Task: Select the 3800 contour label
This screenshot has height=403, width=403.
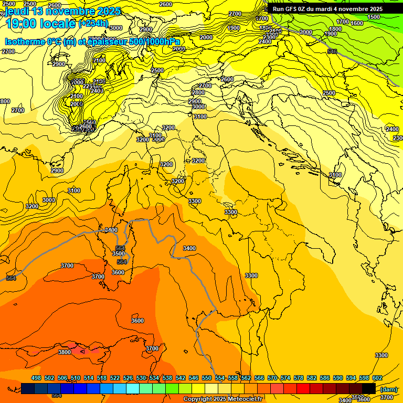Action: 64,352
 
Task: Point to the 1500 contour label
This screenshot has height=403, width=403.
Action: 374,17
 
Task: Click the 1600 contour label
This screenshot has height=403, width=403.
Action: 357,24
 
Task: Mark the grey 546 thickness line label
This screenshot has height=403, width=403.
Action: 332,51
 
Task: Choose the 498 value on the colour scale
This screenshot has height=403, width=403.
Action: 36,378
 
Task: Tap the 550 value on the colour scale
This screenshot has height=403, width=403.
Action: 207,378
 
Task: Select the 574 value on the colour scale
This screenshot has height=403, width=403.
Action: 285,378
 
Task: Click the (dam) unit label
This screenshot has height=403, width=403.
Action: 388,389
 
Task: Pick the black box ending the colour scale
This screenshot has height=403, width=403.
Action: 369,388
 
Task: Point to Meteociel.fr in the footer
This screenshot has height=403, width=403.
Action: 245,399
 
